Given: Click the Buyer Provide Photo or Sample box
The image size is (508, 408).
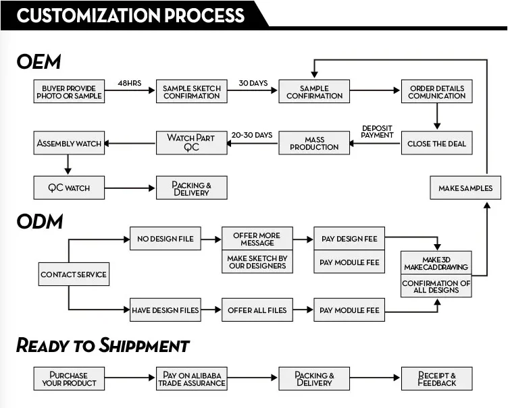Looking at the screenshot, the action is point(69,92).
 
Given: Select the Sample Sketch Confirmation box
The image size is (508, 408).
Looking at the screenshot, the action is point(191,92).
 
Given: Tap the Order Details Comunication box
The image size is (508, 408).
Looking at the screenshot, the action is point(436,92).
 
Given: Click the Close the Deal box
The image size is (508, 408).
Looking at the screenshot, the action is point(436,143).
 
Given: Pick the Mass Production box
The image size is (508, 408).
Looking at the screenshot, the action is point(314,143).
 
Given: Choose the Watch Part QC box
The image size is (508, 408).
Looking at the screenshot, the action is point(191,143).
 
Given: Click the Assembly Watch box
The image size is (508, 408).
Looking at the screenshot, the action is point(69,143).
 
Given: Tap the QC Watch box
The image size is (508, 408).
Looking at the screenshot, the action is point(69,187).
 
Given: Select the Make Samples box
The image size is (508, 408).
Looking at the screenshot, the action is point(465,187).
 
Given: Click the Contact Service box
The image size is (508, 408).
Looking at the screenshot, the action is point(74,274).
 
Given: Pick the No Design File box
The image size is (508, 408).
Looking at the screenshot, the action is point(166,239).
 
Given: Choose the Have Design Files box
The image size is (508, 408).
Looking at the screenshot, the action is point(166,310).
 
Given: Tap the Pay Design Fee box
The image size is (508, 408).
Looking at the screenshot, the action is point(349,239).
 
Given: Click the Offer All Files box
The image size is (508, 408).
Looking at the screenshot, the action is point(257,310).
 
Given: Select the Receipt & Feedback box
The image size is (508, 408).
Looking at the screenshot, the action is point(436,378).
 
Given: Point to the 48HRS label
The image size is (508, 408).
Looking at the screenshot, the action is point(130,83).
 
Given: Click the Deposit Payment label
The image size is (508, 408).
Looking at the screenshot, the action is point(377,132).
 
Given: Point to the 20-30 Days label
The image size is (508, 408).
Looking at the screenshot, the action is point(252,135).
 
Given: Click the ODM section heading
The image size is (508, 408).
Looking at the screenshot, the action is point(40,222).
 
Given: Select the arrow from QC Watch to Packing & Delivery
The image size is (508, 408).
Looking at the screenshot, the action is point(130,188).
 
